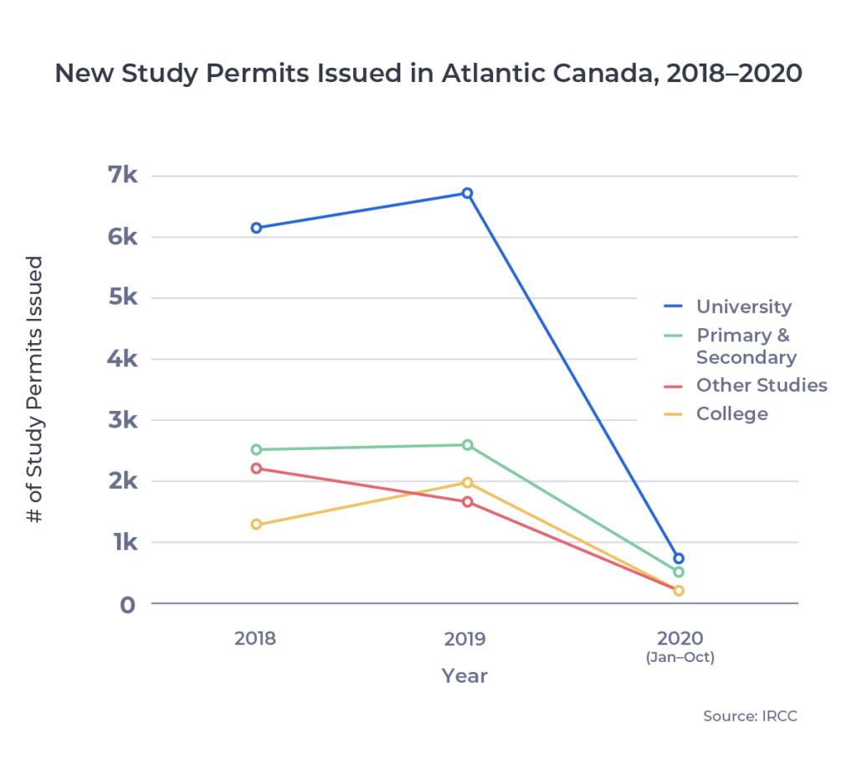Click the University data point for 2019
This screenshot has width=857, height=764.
point(468,193)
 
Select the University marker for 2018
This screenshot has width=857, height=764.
point(256,228)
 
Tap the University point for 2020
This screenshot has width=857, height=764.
point(679,558)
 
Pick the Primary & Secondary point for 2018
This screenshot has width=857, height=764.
point(256,449)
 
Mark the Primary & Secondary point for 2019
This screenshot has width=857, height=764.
point(468,445)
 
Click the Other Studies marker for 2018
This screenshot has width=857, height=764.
point(256,468)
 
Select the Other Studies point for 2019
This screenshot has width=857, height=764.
point(468,502)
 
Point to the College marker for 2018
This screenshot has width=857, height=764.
point(256,525)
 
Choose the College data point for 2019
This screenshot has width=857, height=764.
point(468,483)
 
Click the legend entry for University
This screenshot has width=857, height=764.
point(743,307)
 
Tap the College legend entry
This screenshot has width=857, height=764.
point(731,414)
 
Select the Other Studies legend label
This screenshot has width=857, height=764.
point(761,386)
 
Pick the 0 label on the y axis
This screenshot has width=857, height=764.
point(126,604)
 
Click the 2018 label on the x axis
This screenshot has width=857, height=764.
point(255,639)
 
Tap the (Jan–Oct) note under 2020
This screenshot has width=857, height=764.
point(679,658)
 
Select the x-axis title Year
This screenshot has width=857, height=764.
point(464,675)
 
